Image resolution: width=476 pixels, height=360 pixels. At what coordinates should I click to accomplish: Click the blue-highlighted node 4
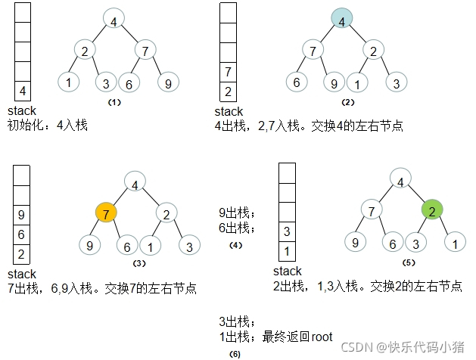coord(342,21)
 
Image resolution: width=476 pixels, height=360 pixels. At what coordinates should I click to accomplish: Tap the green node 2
coord(431,209)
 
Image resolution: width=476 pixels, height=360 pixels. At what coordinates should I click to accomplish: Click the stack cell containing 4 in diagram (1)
coord(23,92)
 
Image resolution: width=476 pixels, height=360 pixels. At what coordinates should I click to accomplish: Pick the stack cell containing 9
coord(21,215)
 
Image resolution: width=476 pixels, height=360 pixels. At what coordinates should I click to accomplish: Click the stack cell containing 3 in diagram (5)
coord(286,231)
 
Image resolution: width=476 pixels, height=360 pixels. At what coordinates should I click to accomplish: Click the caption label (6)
coord(235,354)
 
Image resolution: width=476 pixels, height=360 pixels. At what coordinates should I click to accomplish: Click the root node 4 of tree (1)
coord(114,21)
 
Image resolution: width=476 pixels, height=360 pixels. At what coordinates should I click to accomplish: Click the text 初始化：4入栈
coord(47,125)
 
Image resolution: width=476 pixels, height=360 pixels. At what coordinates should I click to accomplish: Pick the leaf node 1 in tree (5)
coord(453,243)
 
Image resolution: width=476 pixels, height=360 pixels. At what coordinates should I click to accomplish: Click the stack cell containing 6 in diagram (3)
coord(21,234)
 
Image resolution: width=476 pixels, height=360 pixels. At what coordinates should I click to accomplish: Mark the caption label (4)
coord(235,246)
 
